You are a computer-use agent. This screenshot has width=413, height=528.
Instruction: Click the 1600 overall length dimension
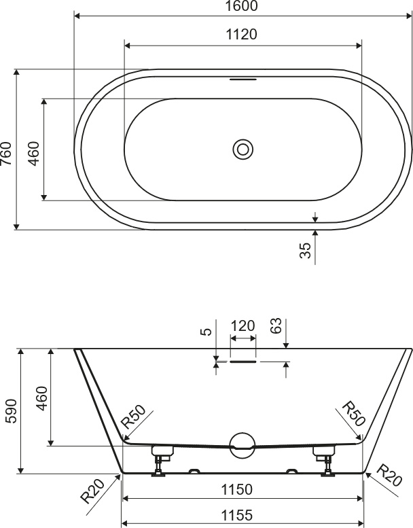tap(241, 6)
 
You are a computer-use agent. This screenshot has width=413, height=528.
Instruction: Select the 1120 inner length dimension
tap(241, 35)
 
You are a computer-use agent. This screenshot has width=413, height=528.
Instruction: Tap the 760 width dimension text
tap(6, 154)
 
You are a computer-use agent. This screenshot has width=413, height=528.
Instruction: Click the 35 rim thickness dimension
tap(305, 251)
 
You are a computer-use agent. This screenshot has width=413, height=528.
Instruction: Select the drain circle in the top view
tap(243, 149)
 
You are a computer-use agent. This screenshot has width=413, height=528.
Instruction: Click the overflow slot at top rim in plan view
tap(243, 80)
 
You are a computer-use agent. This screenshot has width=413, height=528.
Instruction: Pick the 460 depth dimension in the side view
tap(41, 399)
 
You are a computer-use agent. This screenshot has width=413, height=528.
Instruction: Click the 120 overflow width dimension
tap(243, 326)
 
